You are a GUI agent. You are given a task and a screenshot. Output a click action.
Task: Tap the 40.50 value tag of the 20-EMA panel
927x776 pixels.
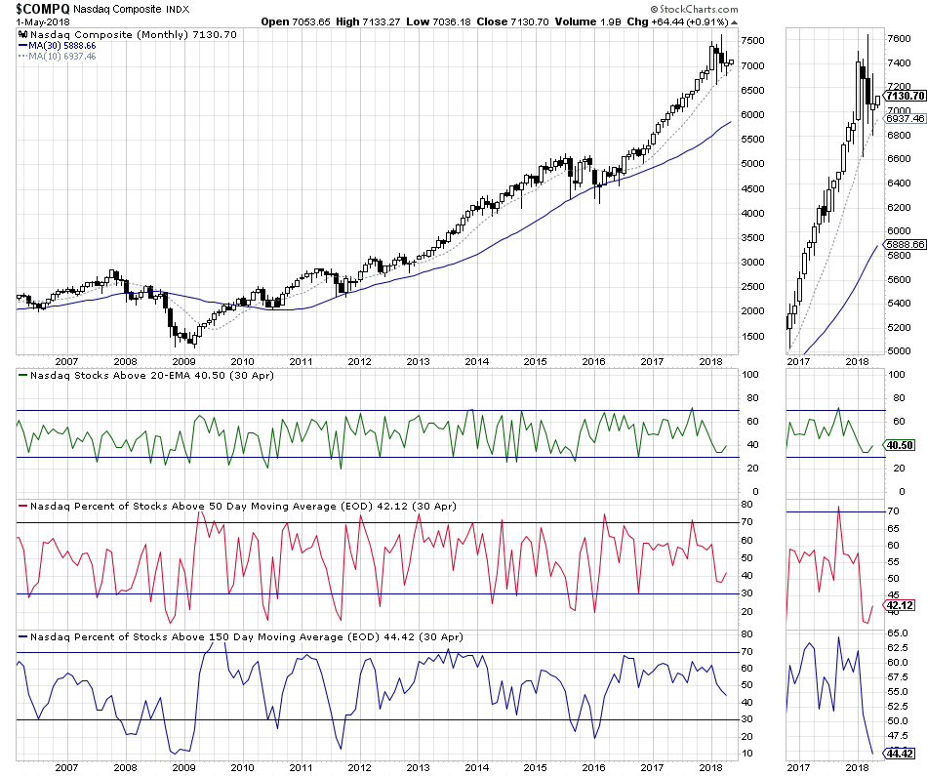tap(899, 445)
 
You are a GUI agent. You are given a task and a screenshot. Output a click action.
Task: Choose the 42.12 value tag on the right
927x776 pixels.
tap(899, 606)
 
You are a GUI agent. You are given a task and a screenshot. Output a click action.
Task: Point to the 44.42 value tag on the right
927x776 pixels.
tap(899, 753)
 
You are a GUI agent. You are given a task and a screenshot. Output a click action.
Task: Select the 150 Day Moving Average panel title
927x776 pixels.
tap(244, 636)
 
